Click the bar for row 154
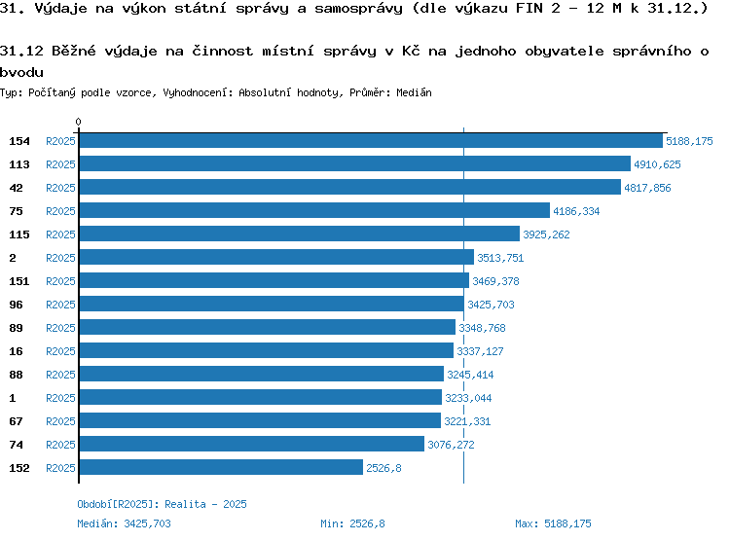(371, 141)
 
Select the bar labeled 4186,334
(314, 210)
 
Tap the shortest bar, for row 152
(221, 467)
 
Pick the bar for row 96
(272, 304)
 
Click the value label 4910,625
(657, 164)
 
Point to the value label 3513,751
(500, 258)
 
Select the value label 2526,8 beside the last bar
(383, 468)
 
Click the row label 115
(19, 234)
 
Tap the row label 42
(16, 188)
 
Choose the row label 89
(16, 328)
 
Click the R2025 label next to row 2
(60, 258)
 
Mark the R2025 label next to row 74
(60, 445)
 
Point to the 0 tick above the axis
(78, 122)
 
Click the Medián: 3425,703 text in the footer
(124, 523)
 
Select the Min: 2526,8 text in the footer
(352, 523)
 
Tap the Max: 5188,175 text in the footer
(553, 523)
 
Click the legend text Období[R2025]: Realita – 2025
(162, 504)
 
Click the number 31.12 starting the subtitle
(21, 51)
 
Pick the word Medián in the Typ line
(414, 92)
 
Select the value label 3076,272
(451, 445)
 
